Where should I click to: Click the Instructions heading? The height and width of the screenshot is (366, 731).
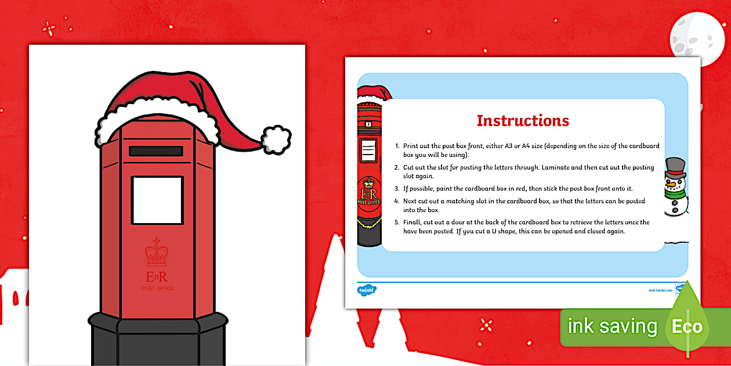click(523, 121)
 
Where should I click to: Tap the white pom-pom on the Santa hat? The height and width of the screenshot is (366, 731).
click(276, 139)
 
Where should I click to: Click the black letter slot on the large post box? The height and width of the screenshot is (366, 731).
click(155, 151)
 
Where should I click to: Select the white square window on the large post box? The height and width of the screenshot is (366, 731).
click(157, 200)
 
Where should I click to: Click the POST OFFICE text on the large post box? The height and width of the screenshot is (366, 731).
click(157, 288)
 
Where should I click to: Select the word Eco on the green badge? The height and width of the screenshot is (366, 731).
click(687, 326)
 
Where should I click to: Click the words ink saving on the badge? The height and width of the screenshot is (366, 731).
click(612, 326)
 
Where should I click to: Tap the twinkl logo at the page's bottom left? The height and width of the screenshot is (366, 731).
click(367, 289)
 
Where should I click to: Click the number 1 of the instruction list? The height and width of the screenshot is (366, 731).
click(397, 146)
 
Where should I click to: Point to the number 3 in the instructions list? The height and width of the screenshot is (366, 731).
click(397, 188)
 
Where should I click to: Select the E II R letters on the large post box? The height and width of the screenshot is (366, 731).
click(157, 276)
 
